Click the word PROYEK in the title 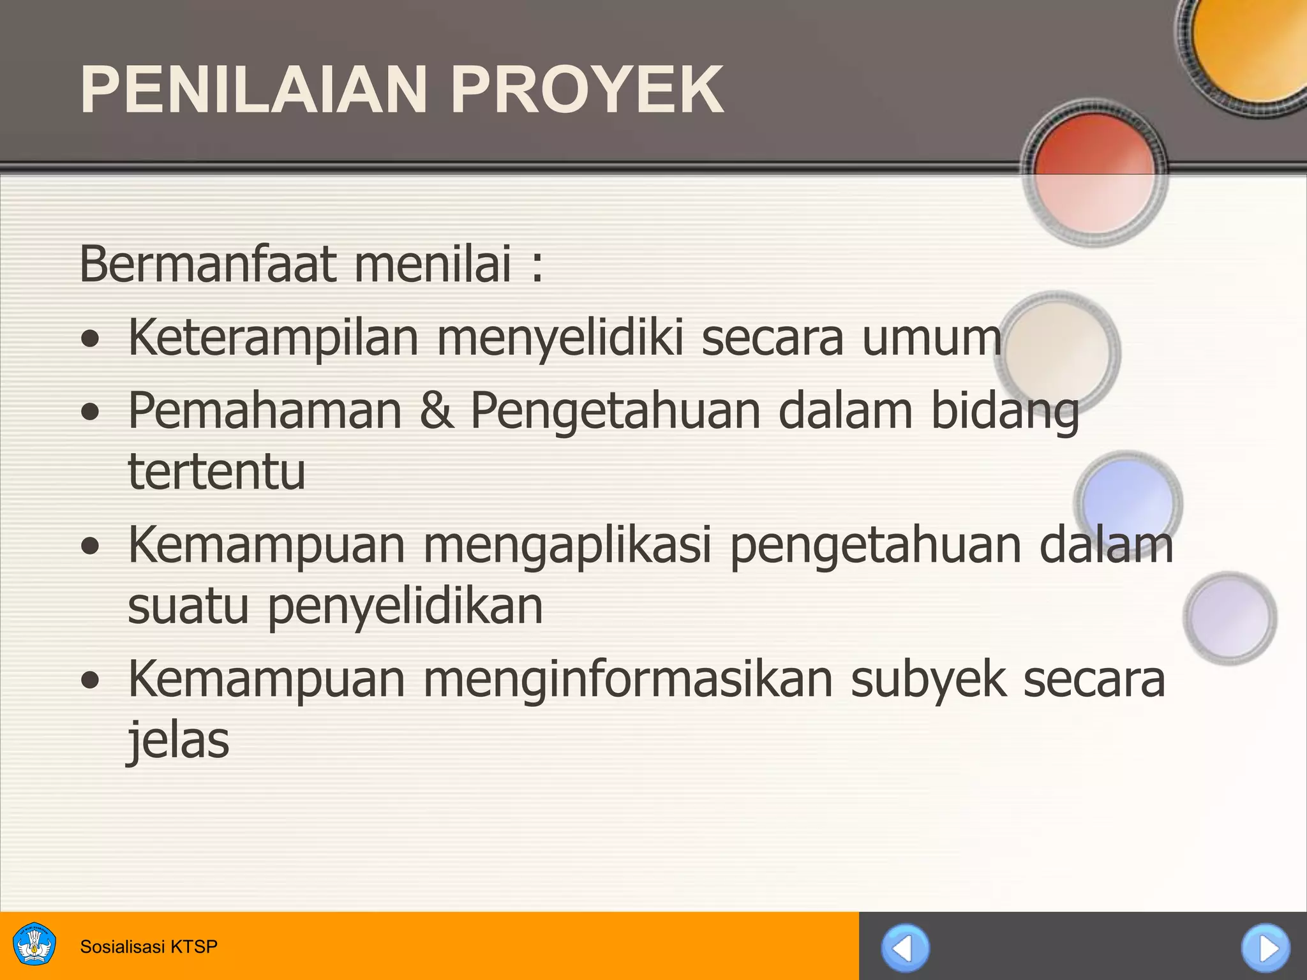click(x=586, y=90)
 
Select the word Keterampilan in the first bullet click(x=273, y=338)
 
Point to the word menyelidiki click(x=560, y=338)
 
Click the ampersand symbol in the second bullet click(x=437, y=410)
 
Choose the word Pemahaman click(x=265, y=410)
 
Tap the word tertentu click(x=217, y=471)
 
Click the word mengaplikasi click(x=567, y=546)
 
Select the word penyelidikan click(x=405, y=606)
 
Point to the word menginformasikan click(x=627, y=679)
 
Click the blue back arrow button click(x=905, y=948)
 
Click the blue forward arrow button click(x=1266, y=948)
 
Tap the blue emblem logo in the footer click(x=34, y=945)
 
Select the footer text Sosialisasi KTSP click(x=149, y=946)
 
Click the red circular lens click(x=1094, y=172)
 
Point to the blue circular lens click(x=1128, y=501)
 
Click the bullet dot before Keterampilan click(x=91, y=339)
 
